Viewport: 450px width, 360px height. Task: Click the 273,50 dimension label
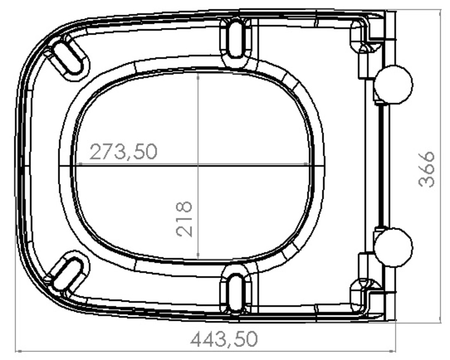123,152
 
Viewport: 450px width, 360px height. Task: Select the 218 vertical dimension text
184,219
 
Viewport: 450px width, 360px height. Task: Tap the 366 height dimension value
427,169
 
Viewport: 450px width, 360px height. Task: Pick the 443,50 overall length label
224,339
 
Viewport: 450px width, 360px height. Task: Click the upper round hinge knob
393,84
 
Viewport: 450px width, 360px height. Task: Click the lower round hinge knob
393,248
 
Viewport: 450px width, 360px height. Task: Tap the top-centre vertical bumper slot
236,39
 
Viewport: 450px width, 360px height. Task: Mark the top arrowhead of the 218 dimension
198,75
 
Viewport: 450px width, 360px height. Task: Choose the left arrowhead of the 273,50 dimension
78,164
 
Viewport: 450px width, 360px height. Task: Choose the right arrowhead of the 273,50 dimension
307,164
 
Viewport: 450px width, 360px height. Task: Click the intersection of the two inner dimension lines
198,164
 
